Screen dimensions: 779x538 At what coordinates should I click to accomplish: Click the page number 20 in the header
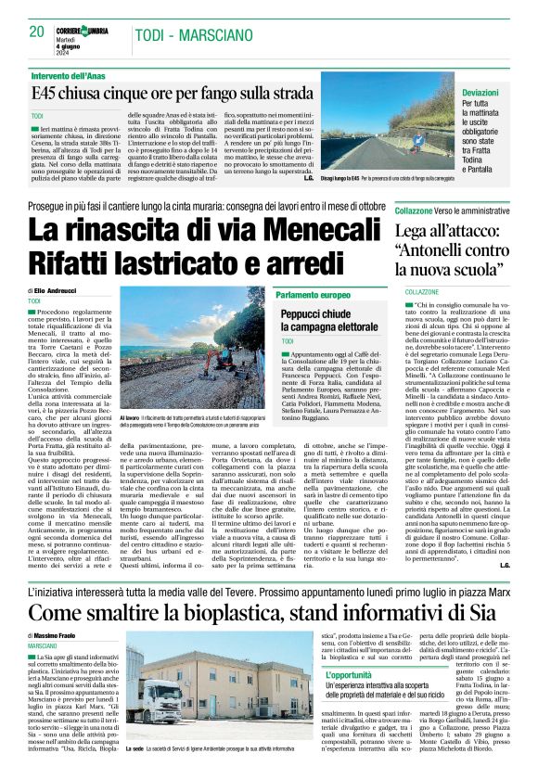[x=37, y=32]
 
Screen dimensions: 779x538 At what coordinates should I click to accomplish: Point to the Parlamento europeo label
[x=313, y=294]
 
